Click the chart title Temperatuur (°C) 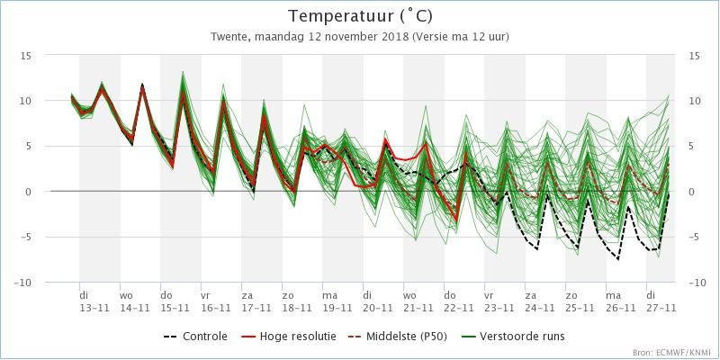[360, 16]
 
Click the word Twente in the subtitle [224, 37]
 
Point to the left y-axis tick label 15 [25, 56]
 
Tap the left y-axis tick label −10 [22, 283]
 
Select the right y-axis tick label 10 [694, 101]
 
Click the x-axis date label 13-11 [94, 307]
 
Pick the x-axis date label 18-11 [297, 307]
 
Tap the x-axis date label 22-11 [459, 307]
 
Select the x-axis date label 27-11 [661, 307]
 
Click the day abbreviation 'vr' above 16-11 [205, 294]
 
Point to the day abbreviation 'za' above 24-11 [530, 294]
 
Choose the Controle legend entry [195, 337]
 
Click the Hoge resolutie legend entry [288, 337]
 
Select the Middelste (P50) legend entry [397, 337]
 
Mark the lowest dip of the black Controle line [618, 259]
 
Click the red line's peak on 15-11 [184, 92]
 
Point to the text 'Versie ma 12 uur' [461, 37]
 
